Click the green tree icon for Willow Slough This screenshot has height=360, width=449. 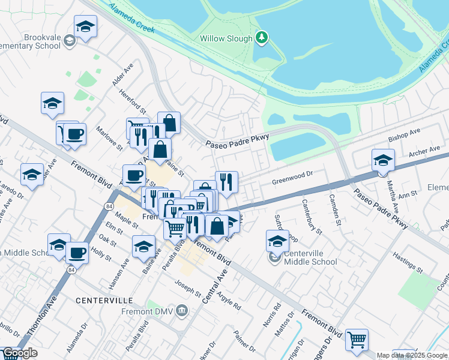click(261, 38)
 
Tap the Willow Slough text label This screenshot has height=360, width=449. click(226, 38)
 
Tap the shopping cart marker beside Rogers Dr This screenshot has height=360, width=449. click(357, 340)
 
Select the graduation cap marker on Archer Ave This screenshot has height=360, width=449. click(383, 160)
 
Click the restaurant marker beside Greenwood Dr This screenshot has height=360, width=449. click(226, 182)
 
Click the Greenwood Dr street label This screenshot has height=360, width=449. click(293, 176)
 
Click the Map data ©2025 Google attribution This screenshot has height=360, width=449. click(412, 355)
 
